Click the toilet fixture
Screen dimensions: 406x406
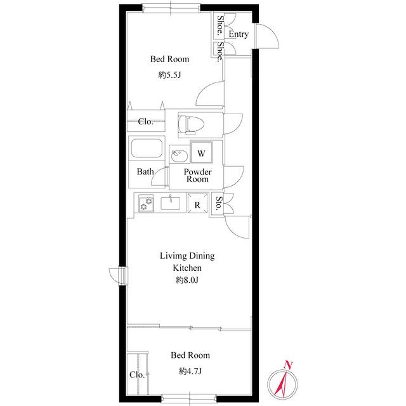pos(191,125)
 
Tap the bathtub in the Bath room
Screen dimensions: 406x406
pos(147,148)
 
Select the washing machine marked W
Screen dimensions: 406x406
pos(201,152)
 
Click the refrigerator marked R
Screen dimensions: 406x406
pos(197,203)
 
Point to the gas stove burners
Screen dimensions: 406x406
pos(146,203)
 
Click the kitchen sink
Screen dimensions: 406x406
pos(171,203)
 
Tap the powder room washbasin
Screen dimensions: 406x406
pos(180,155)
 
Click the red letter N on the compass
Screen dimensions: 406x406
pos(287,365)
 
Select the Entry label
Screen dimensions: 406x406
pos(239,34)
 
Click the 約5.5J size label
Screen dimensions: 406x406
pos(169,75)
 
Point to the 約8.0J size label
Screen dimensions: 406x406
pos(187,280)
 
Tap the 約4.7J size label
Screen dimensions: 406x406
pos(190,372)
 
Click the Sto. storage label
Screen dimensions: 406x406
pos(219,203)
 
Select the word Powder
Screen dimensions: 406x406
pos(197,172)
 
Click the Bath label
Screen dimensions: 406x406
pos(145,171)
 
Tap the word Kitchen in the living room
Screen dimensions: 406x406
pos(187,268)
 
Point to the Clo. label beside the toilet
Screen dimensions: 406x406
pos(145,121)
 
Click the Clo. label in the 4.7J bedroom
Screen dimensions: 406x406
pos(137,375)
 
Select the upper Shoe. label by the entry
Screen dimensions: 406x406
pos(220,25)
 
